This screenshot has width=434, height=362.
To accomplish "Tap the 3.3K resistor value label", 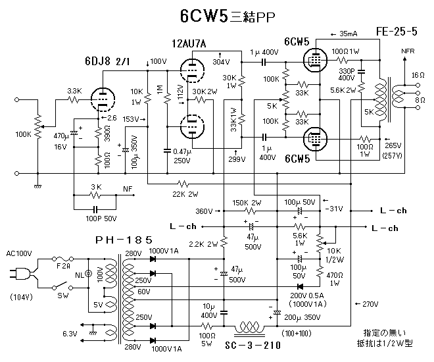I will [x=75, y=90].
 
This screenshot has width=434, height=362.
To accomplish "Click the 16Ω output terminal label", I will [x=418, y=76].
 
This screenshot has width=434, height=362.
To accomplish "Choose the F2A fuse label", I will [x=64, y=267].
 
